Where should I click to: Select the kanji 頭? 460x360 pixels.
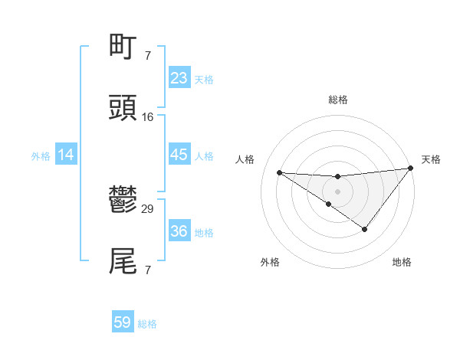[123, 108]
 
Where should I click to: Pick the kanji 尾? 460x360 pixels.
[123, 261]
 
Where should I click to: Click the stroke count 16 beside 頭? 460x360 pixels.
[148, 117]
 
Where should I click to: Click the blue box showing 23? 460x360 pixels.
[179, 78]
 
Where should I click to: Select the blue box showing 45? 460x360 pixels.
[179, 155]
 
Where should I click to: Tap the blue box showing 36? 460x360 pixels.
[179, 231]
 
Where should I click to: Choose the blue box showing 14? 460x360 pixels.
[66, 155]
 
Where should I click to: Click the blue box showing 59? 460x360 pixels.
[123, 322]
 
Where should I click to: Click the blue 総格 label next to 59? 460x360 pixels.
[147, 324]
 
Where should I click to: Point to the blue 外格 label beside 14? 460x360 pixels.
[41, 155]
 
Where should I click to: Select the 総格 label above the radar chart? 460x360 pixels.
[337, 100]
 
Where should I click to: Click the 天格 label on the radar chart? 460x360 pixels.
[431, 159]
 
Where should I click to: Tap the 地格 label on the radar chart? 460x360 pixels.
[402, 262]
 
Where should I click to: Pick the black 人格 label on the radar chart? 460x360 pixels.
[245, 159]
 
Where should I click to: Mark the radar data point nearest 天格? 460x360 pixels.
[411, 169]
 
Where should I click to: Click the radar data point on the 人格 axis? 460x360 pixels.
[280, 172]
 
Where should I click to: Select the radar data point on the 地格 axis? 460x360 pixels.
[365, 229]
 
